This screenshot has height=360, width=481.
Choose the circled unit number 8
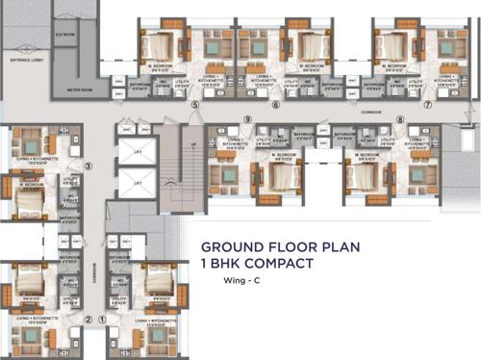pyautogui.click(x=400, y=120)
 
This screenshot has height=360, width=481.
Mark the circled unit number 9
pyautogui.click(x=247, y=120)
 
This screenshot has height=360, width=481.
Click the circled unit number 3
pyautogui.click(x=88, y=167)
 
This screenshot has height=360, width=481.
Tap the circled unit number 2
pyautogui.click(x=88, y=319)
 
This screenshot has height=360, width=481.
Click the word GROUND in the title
pyautogui.click(x=229, y=247)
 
